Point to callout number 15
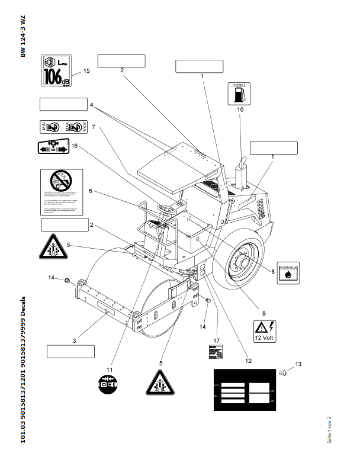(86, 70)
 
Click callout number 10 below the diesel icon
(240, 110)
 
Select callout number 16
(75, 146)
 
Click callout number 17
(217, 340)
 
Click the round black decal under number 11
(109, 385)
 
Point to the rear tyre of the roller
(242, 260)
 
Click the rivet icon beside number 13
(282, 372)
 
